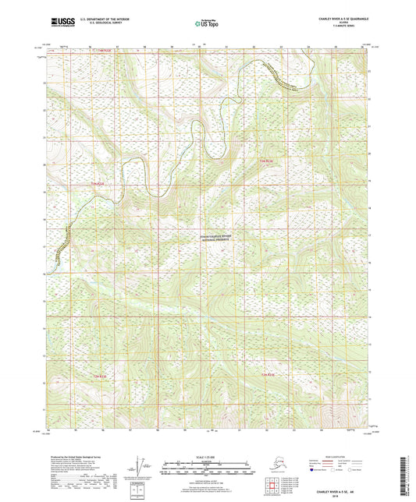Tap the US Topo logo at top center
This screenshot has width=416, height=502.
tap(207, 22)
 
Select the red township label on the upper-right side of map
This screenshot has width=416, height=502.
tap(267, 161)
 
